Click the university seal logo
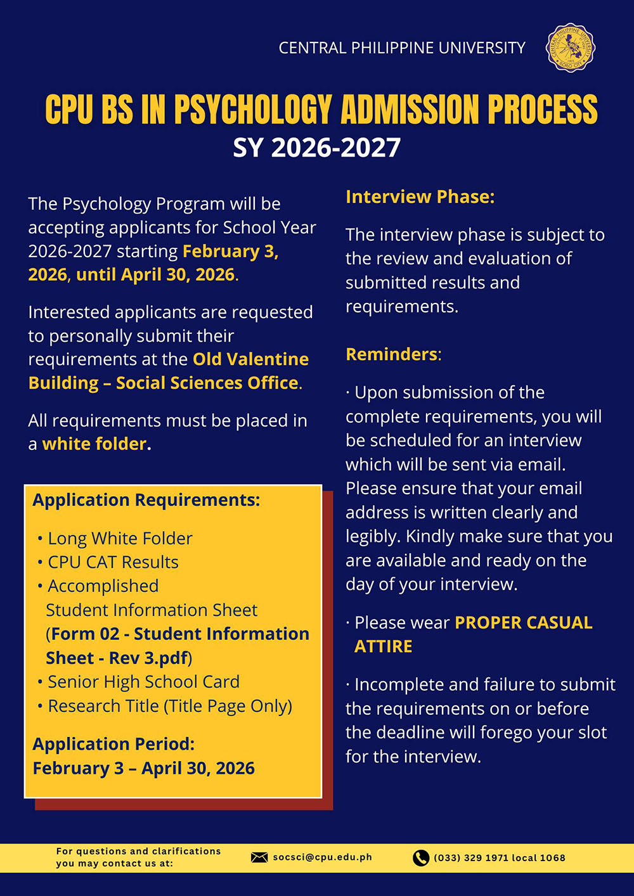pos(570,48)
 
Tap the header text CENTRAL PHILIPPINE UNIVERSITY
pos(402,48)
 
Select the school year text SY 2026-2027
pos(317,148)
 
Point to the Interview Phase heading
pos(420,197)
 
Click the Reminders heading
pos(392,354)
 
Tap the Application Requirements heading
pos(146,500)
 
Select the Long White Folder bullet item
pos(120,539)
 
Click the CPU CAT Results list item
pos(113,563)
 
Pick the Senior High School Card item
pos(143,682)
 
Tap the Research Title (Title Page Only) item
pos(170,706)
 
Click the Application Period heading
pos(113,744)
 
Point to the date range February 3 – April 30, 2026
pos(144,769)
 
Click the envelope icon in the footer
pos(259,857)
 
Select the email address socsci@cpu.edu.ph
pos(323,857)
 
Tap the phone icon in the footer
pos(421,858)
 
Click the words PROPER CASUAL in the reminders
pos(524,623)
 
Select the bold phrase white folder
pos(94,444)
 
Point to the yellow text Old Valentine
pos(251,359)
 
